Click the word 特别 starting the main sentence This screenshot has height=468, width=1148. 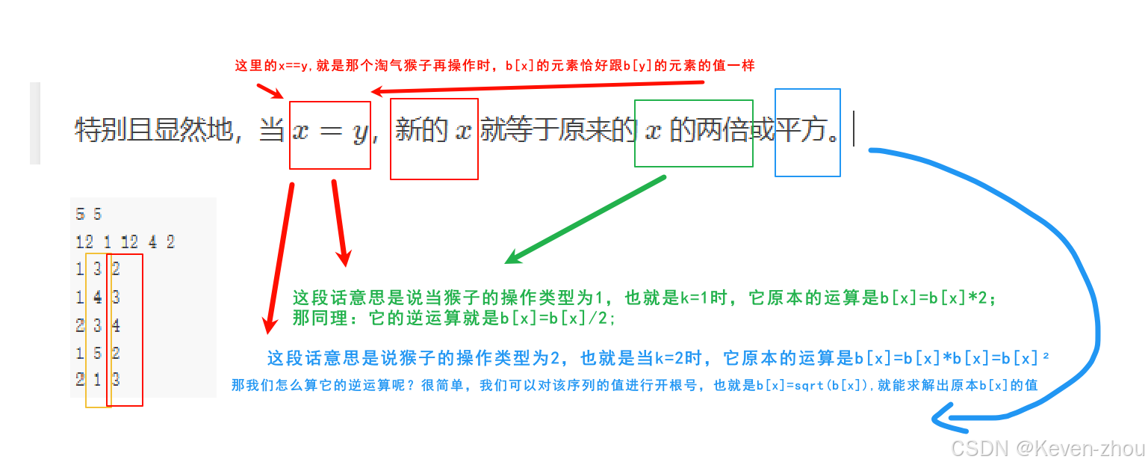(x=100, y=132)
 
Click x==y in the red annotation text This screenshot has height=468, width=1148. (x=293, y=66)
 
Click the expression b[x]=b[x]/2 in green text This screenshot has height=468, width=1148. (x=557, y=318)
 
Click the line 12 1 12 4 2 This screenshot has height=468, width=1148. (x=125, y=241)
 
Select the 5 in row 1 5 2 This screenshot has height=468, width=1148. (x=97, y=352)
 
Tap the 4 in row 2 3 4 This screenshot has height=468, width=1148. (x=116, y=325)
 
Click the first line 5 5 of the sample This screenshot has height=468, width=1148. (x=88, y=215)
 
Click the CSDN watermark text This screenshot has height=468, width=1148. (x=979, y=449)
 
